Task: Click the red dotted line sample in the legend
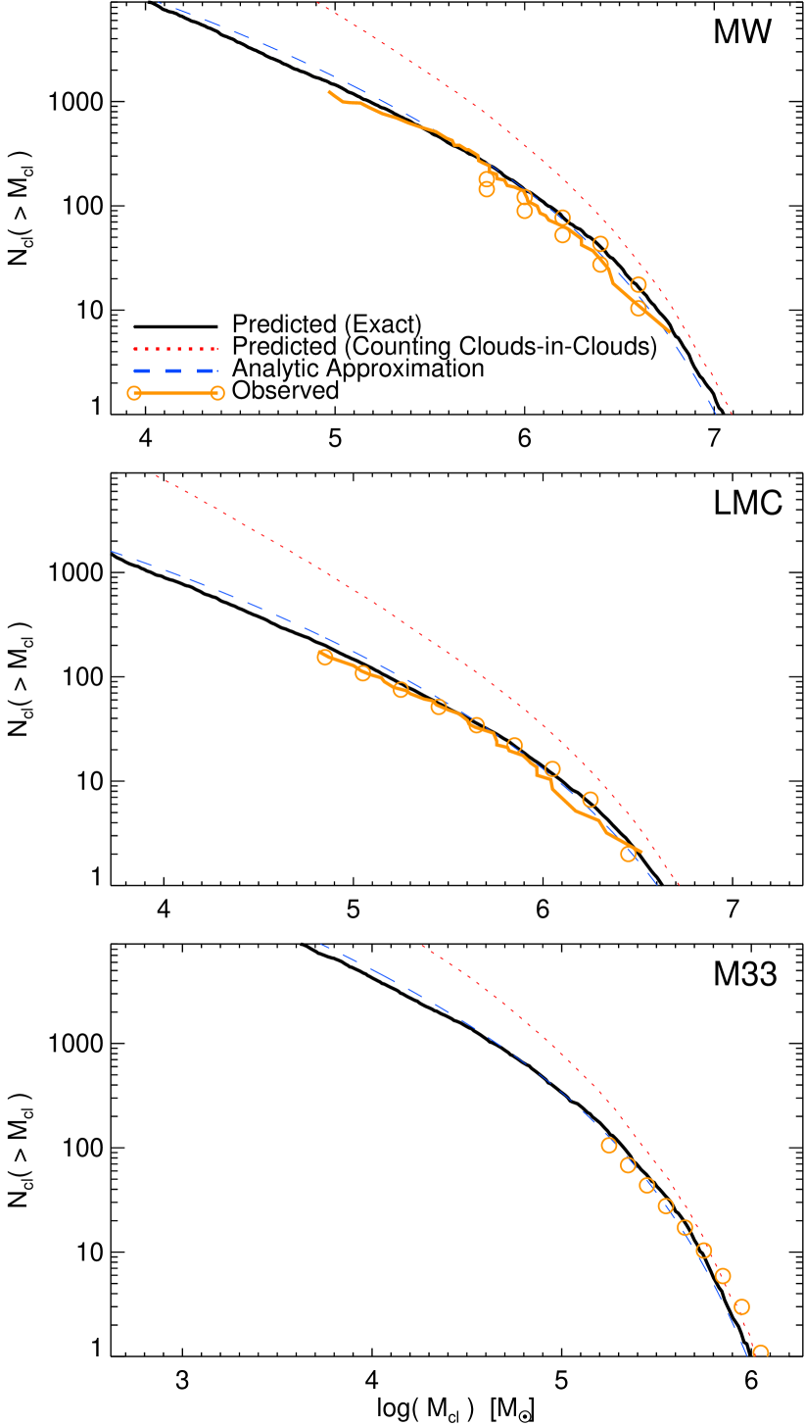(175, 348)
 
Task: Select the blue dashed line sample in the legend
(175, 370)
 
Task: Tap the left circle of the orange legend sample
(134, 393)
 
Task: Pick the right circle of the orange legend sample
(217, 393)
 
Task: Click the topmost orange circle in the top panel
(487, 179)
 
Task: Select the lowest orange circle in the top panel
(639, 308)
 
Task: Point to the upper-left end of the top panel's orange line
(330, 91)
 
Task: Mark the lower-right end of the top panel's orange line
(669, 332)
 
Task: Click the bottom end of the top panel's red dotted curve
(731, 414)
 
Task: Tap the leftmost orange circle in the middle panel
(325, 657)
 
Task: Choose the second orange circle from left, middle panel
(362, 673)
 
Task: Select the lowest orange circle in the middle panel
(628, 854)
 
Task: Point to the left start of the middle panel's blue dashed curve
(113, 552)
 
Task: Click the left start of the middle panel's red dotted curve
(157, 477)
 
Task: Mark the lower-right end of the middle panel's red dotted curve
(679, 886)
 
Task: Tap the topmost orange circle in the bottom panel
(608, 1145)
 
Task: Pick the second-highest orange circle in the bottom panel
(628, 1165)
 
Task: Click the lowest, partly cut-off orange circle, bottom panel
(760, 1352)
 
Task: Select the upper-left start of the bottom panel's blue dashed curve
(321, 945)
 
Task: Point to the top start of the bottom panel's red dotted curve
(421, 946)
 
